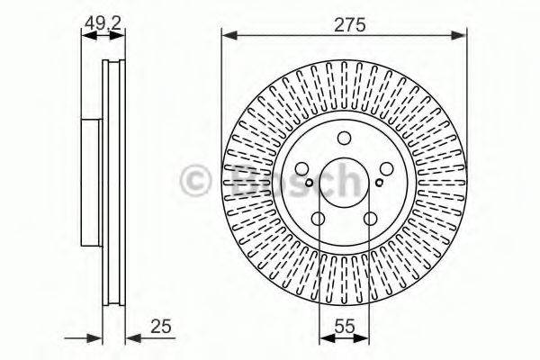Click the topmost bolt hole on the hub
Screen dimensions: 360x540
tap(345, 139)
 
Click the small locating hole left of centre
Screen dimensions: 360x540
tap(309, 185)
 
